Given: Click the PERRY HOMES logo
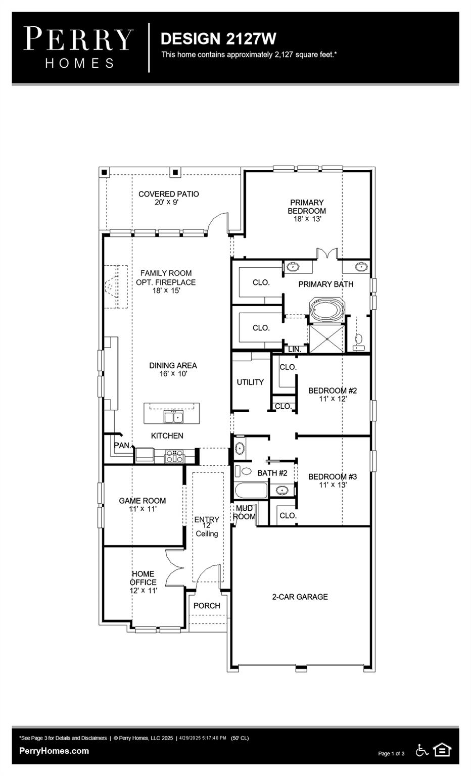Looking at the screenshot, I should (78, 47).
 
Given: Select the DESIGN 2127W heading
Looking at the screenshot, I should (218, 39).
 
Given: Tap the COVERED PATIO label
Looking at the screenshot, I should (168, 194).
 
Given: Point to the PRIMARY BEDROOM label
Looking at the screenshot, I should (307, 207).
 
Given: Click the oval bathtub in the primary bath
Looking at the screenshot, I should (326, 309).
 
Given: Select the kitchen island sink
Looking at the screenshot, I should (173, 417).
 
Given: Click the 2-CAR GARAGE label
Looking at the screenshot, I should (300, 597).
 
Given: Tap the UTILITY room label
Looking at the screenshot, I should (250, 382).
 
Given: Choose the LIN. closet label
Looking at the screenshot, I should (295, 349).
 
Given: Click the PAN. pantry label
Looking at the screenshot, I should (122, 446).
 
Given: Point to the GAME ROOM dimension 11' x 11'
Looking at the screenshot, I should (143, 509).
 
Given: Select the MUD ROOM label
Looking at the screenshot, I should (244, 512).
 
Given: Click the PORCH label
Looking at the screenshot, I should (207, 606).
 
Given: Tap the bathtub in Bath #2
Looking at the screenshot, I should (251, 491).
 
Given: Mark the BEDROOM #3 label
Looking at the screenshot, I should (333, 476).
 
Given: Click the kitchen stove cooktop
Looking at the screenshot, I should (174, 457).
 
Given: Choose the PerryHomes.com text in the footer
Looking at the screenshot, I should (54, 751).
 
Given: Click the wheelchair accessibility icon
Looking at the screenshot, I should (421, 750).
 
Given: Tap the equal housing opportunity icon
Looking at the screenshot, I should (442, 750).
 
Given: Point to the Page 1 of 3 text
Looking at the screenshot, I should (391, 754).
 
